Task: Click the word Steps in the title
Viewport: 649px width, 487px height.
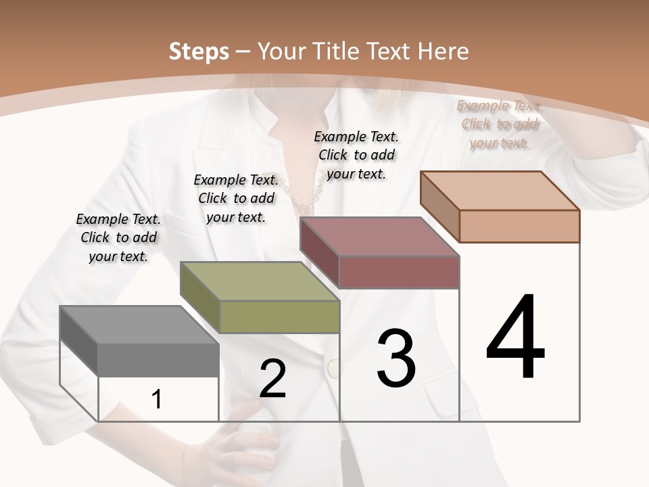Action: tap(198, 51)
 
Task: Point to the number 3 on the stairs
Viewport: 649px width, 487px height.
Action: tap(396, 358)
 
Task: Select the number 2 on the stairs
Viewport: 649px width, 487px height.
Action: tap(272, 379)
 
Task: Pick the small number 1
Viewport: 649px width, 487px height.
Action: tap(157, 400)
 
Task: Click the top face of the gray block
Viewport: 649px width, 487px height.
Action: tap(139, 325)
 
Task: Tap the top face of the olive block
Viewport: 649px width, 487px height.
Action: tap(260, 281)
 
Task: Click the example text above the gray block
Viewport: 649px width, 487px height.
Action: tap(118, 237)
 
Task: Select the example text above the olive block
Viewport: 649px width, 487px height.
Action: tap(236, 198)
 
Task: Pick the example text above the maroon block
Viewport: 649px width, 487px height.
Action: tap(356, 155)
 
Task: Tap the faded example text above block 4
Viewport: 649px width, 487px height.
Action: tap(499, 124)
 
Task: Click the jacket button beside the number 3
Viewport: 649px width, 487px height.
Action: tap(333, 369)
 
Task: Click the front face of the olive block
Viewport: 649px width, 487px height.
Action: tap(279, 317)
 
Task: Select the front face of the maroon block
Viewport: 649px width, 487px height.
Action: tap(399, 273)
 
